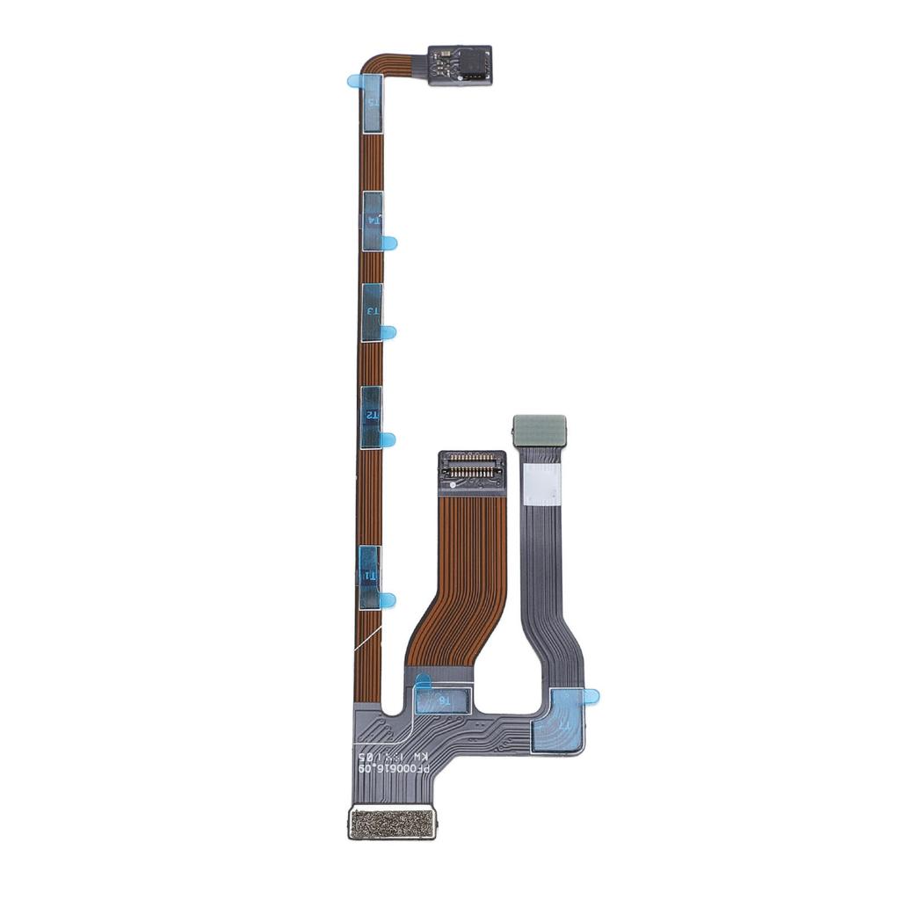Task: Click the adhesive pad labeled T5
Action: pos(373,104)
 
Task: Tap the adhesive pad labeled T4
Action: pos(373,221)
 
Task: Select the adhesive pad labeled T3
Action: pos(373,312)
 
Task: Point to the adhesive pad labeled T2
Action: pos(372,416)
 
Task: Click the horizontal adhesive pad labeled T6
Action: pos(444,700)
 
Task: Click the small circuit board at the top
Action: pos(459,65)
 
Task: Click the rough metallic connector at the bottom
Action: pos(392,823)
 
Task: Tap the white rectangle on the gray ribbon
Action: pos(541,484)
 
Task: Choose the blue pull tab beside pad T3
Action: pos(388,332)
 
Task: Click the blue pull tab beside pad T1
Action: pos(388,600)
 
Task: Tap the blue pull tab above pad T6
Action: pos(422,679)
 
